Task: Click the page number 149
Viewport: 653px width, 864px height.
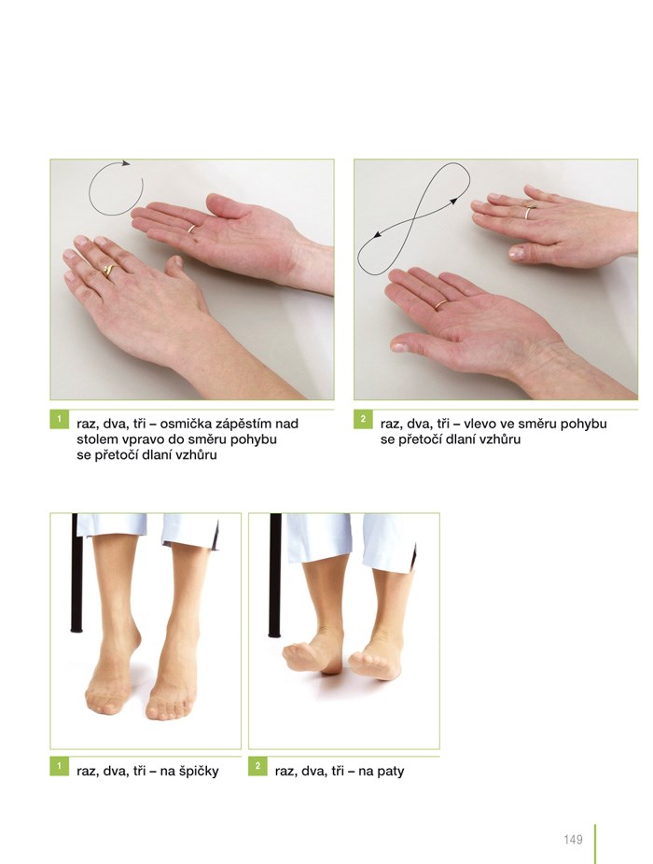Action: tap(573, 839)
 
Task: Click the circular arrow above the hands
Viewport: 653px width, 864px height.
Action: tap(90, 190)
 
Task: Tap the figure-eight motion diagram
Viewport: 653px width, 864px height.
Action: tap(413, 218)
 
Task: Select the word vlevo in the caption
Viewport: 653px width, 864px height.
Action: tap(481, 424)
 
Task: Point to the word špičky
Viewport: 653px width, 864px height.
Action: tap(197, 772)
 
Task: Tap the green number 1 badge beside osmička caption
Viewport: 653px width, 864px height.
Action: tap(59, 419)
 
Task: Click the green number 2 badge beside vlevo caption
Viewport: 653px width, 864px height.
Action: tap(363, 419)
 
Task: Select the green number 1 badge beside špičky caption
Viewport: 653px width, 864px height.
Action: tap(59, 766)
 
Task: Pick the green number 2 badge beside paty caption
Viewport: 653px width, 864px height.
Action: tap(257, 766)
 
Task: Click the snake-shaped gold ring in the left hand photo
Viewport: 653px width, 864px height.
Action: tap(109, 270)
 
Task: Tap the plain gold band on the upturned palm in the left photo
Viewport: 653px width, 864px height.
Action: tap(192, 228)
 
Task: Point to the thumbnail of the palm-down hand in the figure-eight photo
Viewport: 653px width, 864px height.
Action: tap(517, 253)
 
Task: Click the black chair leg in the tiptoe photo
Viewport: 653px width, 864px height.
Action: tap(76, 573)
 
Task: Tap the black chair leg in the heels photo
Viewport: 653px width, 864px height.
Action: tap(274, 576)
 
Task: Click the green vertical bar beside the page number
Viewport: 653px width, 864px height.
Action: tap(596, 843)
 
